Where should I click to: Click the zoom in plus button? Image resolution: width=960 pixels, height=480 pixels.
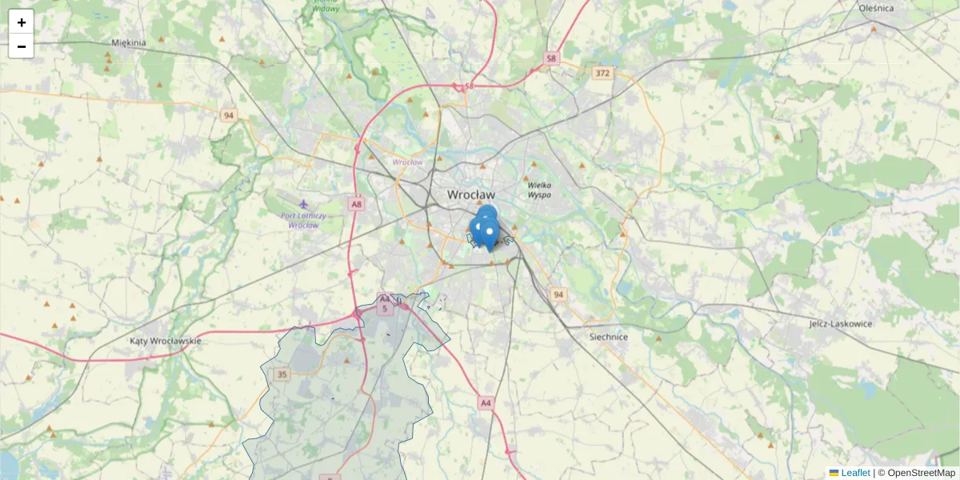coord(22,22)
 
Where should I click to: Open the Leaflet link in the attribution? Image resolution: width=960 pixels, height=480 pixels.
coord(855,473)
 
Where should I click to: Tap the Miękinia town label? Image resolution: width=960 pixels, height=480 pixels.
coord(129,42)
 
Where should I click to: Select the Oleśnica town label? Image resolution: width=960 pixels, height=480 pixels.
coord(875,8)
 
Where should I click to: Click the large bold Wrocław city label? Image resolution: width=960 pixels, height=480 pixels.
coord(471,194)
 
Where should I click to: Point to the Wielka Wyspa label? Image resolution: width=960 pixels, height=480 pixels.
coord(539,190)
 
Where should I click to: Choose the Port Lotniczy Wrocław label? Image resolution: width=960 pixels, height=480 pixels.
coord(303,220)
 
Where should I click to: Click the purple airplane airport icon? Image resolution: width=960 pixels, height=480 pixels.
coord(303,204)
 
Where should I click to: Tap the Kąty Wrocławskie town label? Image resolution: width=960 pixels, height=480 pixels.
coord(166,341)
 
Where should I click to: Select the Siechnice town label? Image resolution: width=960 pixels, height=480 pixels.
coord(609,337)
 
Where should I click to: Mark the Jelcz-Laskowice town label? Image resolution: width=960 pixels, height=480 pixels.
coord(840,324)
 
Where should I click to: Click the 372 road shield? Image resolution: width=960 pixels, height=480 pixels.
coord(602,73)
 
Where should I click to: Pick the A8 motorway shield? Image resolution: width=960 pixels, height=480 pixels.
coord(357,204)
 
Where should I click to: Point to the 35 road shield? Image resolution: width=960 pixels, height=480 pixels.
coord(282,374)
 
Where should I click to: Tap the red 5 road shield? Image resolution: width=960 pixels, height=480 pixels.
coord(385,308)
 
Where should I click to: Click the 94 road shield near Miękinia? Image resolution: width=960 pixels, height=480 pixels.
coord(230,115)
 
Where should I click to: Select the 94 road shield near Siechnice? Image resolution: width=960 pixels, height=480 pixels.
coord(558,294)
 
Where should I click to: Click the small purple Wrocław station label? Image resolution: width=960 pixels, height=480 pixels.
coord(407,162)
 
